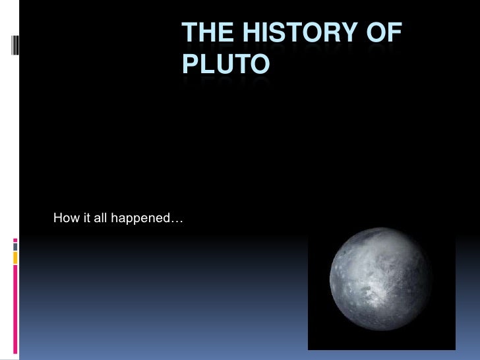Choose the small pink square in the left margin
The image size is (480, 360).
pyautogui.click(x=14, y=241)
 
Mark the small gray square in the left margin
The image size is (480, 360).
pyautogui.click(x=14, y=249)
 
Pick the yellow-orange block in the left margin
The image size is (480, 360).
pyautogui.click(x=14, y=258)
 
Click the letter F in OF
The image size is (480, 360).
pyautogui.click(x=394, y=34)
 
